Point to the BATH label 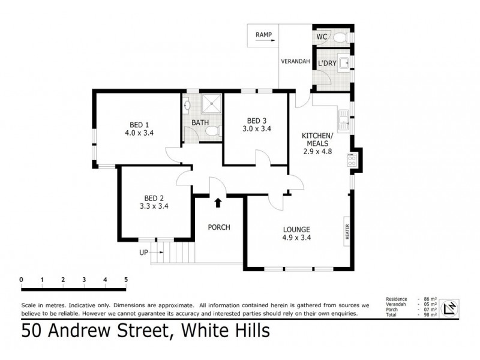[200, 123]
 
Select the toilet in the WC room [340, 37]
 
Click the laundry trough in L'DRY [343, 62]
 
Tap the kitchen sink [344, 120]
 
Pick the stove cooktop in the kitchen [350, 160]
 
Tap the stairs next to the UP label [173, 253]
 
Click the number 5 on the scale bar [125, 280]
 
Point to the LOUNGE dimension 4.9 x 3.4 [297, 237]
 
